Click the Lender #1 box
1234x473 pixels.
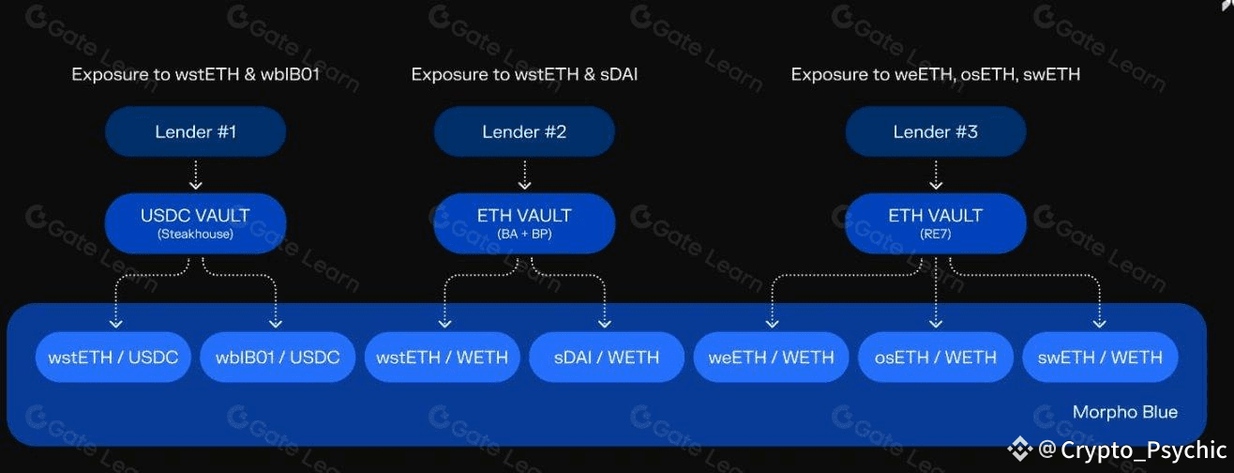pyautogui.click(x=195, y=131)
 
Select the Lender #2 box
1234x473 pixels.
pyautogui.click(x=524, y=131)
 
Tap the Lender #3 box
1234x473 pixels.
pyautogui.click(x=936, y=131)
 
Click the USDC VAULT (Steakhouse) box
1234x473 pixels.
pyautogui.click(x=195, y=222)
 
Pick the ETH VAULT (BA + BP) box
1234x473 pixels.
pyautogui.click(x=524, y=222)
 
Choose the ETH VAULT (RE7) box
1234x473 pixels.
pyautogui.click(x=936, y=222)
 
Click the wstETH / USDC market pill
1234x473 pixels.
pyautogui.click(x=113, y=358)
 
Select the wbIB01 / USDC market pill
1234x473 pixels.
pyautogui.click(x=278, y=358)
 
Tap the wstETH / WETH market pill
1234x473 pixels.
pyautogui.click(x=442, y=358)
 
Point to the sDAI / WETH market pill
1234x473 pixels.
pyautogui.click(x=607, y=358)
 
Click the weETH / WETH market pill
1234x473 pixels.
pyautogui.click(x=772, y=358)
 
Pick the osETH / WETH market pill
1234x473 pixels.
pyautogui.click(x=936, y=358)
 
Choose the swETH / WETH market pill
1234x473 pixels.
pyautogui.click(x=1100, y=358)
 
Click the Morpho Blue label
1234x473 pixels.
pyautogui.click(x=1124, y=412)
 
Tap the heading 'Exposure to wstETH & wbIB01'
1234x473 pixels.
pyautogui.click(x=195, y=74)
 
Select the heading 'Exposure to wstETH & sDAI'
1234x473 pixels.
pyautogui.click(x=524, y=74)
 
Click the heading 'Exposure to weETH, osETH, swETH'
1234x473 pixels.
pyautogui.click(x=935, y=74)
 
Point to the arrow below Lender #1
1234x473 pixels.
pyautogui.click(x=195, y=175)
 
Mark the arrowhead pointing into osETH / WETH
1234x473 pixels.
pyautogui.click(x=936, y=322)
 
